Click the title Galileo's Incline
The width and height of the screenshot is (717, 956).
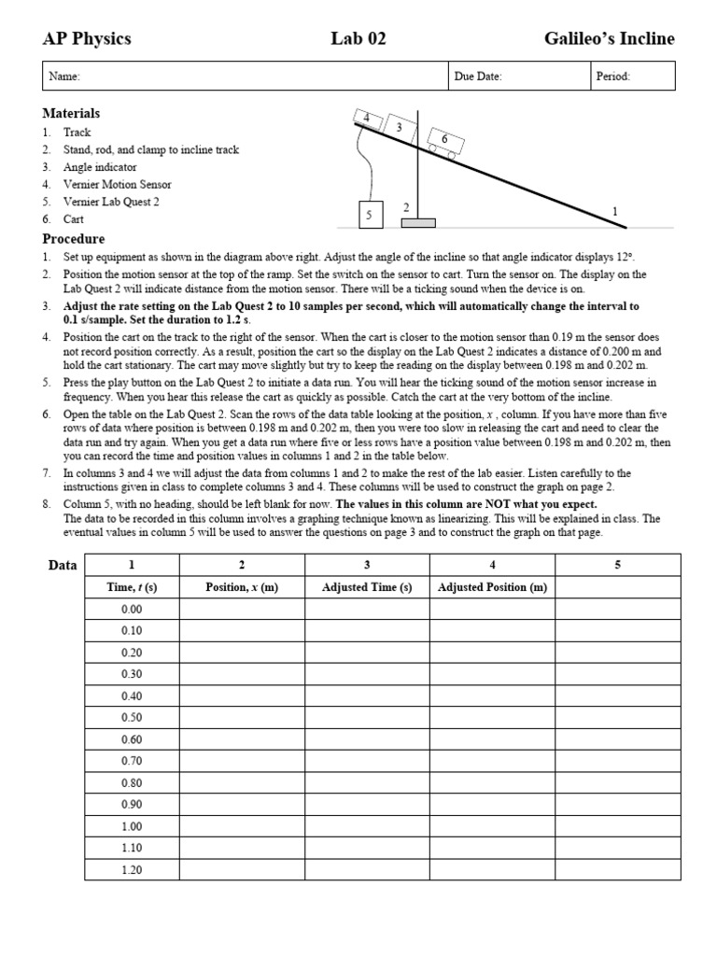click(609, 39)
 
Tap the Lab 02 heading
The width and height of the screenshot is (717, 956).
click(358, 39)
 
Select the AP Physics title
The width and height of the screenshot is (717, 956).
click(87, 39)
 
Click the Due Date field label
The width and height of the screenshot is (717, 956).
click(477, 77)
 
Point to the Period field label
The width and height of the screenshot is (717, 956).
click(612, 77)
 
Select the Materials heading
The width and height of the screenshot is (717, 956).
click(71, 113)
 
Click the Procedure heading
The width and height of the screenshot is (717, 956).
click(74, 239)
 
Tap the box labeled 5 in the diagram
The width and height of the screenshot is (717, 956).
click(369, 215)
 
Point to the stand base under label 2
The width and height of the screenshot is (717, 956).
click(418, 223)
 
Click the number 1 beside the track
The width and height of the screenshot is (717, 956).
click(614, 212)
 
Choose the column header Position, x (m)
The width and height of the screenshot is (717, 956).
click(242, 587)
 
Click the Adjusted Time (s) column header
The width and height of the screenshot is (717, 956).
click(367, 587)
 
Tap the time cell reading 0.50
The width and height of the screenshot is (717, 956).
click(132, 718)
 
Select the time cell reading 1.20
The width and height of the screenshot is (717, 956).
click(132, 870)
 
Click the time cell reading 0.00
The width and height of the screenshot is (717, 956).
click(132, 609)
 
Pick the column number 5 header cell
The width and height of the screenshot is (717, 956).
click(617, 565)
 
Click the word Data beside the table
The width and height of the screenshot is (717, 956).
click(62, 565)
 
